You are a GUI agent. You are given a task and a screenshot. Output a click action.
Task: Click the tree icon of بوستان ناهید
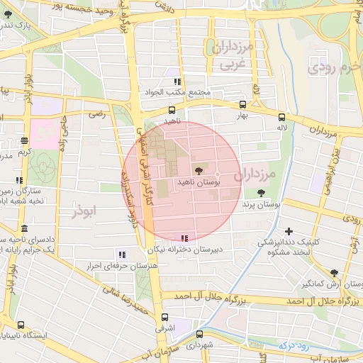click(198, 170)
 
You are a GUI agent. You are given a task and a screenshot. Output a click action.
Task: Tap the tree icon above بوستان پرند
click(262, 192)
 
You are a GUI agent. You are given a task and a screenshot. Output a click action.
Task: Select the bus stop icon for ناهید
click(172, 110)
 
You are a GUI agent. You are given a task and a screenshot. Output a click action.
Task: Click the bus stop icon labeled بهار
click(242, 104)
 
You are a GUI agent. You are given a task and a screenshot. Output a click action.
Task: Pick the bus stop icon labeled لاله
click(282, 117)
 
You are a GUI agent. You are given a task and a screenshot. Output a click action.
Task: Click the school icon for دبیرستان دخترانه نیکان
click(184, 238)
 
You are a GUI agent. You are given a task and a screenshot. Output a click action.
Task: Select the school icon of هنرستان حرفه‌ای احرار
click(122, 254)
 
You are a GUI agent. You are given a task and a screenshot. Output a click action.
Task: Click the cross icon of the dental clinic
click(289, 231)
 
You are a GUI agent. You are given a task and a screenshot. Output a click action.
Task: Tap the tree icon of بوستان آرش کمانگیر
click(334, 272)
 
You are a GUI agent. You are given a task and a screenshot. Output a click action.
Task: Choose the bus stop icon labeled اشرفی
click(165, 318)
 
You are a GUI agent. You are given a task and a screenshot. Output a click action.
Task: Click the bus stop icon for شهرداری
click(199, 334)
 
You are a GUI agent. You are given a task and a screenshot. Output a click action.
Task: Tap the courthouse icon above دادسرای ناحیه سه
click(25, 229)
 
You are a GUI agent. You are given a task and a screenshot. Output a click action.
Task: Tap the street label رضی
click(96, 113)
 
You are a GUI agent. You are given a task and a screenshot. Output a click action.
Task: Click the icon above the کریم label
click(25, 140)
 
